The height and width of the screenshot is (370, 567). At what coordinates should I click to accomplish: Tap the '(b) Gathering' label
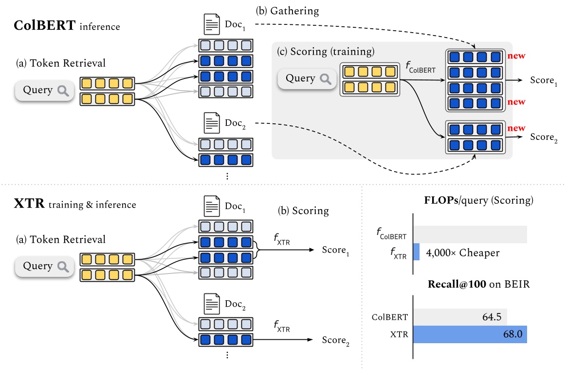[281, 11]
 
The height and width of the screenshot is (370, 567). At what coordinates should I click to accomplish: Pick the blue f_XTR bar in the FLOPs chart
[417, 253]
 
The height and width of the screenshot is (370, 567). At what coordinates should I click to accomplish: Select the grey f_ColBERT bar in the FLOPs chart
[470, 234]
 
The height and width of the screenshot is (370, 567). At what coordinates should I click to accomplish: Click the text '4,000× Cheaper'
[462, 253]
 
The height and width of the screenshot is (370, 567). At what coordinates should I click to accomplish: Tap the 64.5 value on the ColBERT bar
[490, 317]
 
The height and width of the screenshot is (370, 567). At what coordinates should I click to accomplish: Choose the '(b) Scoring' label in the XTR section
[303, 211]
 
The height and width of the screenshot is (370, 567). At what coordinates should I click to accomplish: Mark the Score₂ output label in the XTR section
[335, 340]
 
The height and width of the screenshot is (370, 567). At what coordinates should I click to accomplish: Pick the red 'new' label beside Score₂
[516, 128]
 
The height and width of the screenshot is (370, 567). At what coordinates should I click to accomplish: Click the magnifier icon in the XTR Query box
[62, 266]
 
